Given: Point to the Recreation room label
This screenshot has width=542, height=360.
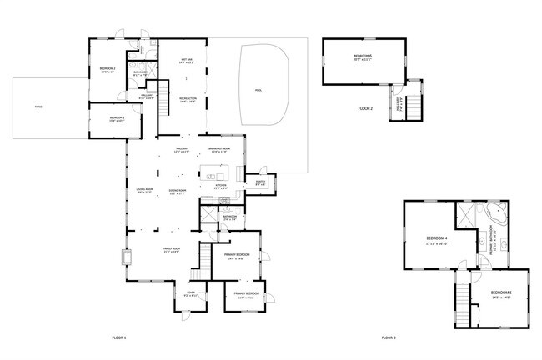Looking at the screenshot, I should tap(187, 99).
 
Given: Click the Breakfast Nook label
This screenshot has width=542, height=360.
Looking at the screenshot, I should tap(220, 149).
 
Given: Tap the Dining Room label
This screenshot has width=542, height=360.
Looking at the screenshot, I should tap(178, 192).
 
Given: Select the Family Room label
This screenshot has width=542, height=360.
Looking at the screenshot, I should tap(170, 250).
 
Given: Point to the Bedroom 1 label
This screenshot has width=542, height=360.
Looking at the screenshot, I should tap(108, 69).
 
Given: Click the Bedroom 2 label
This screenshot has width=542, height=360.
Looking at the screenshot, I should tap(117, 118).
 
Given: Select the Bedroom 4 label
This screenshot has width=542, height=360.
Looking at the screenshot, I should tap(437, 240).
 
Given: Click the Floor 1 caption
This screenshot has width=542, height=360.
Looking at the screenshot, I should tap(118, 337).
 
